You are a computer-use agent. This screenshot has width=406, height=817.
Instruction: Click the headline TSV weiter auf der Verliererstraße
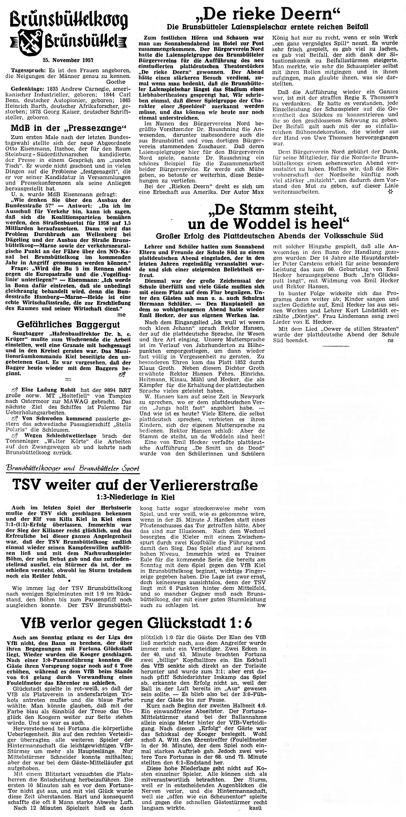(x=135, y=485)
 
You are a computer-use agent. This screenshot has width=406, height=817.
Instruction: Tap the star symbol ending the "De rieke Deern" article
(x=390, y=192)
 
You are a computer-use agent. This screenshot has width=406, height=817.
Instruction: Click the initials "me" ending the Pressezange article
(x=122, y=314)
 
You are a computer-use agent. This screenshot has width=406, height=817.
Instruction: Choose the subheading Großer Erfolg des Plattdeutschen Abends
(x=269, y=235)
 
